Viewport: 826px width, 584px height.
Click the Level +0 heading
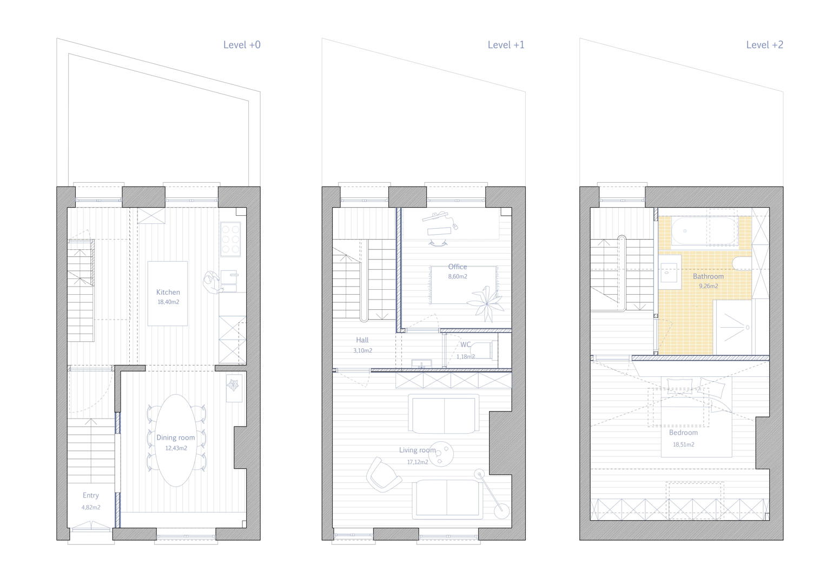pos(242,45)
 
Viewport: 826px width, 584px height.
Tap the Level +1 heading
pos(506,45)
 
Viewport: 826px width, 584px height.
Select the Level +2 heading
pos(765,45)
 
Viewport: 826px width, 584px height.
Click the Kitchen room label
pos(168,292)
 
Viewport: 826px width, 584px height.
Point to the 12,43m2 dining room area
pos(176,448)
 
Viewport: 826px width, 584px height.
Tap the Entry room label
pos(91,495)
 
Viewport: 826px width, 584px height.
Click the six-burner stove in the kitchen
pos(230,239)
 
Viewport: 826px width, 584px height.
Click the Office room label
pos(458,267)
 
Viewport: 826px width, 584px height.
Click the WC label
pos(465,345)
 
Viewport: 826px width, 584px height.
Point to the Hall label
pos(362,340)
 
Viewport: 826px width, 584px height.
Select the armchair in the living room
pos(384,475)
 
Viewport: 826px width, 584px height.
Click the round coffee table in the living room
pos(441,454)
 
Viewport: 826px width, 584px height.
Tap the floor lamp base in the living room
pos(501,512)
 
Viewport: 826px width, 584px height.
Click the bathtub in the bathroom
pos(704,231)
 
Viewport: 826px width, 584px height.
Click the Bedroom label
pos(683,433)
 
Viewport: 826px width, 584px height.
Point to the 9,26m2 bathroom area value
pos(709,286)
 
